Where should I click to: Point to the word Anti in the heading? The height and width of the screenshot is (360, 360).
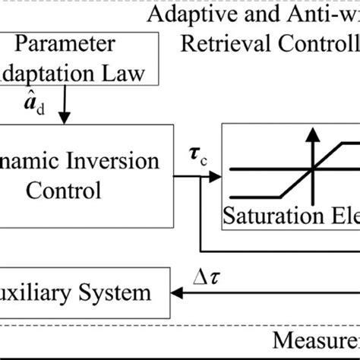point(311,14)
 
